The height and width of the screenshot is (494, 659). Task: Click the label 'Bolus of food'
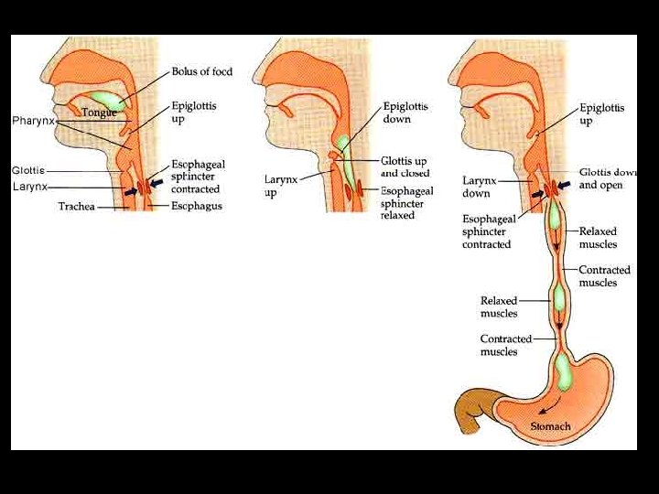click(x=201, y=71)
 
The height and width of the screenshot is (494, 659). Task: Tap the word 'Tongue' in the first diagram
click(x=99, y=113)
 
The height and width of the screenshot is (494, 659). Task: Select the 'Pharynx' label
click(x=33, y=121)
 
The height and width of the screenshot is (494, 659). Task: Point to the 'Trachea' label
click(x=77, y=207)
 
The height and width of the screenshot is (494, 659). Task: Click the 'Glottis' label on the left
click(x=27, y=170)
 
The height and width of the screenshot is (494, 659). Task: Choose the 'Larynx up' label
click(x=283, y=186)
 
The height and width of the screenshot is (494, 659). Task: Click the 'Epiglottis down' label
click(x=405, y=113)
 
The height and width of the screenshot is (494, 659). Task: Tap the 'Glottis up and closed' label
click(x=405, y=166)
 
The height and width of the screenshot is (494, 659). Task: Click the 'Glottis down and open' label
click(x=608, y=178)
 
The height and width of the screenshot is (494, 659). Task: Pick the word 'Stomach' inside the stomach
click(x=550, y=426)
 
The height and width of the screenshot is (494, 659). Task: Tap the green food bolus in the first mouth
click(x=107, y=98)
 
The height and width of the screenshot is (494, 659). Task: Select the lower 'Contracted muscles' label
click(x=506, y=345)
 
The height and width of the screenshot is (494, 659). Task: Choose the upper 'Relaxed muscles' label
click(x=599, y=238)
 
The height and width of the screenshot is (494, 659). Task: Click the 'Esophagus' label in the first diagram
click(x=196, y=207)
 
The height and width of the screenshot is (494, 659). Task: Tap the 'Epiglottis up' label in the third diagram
click(x=601, y=113)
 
